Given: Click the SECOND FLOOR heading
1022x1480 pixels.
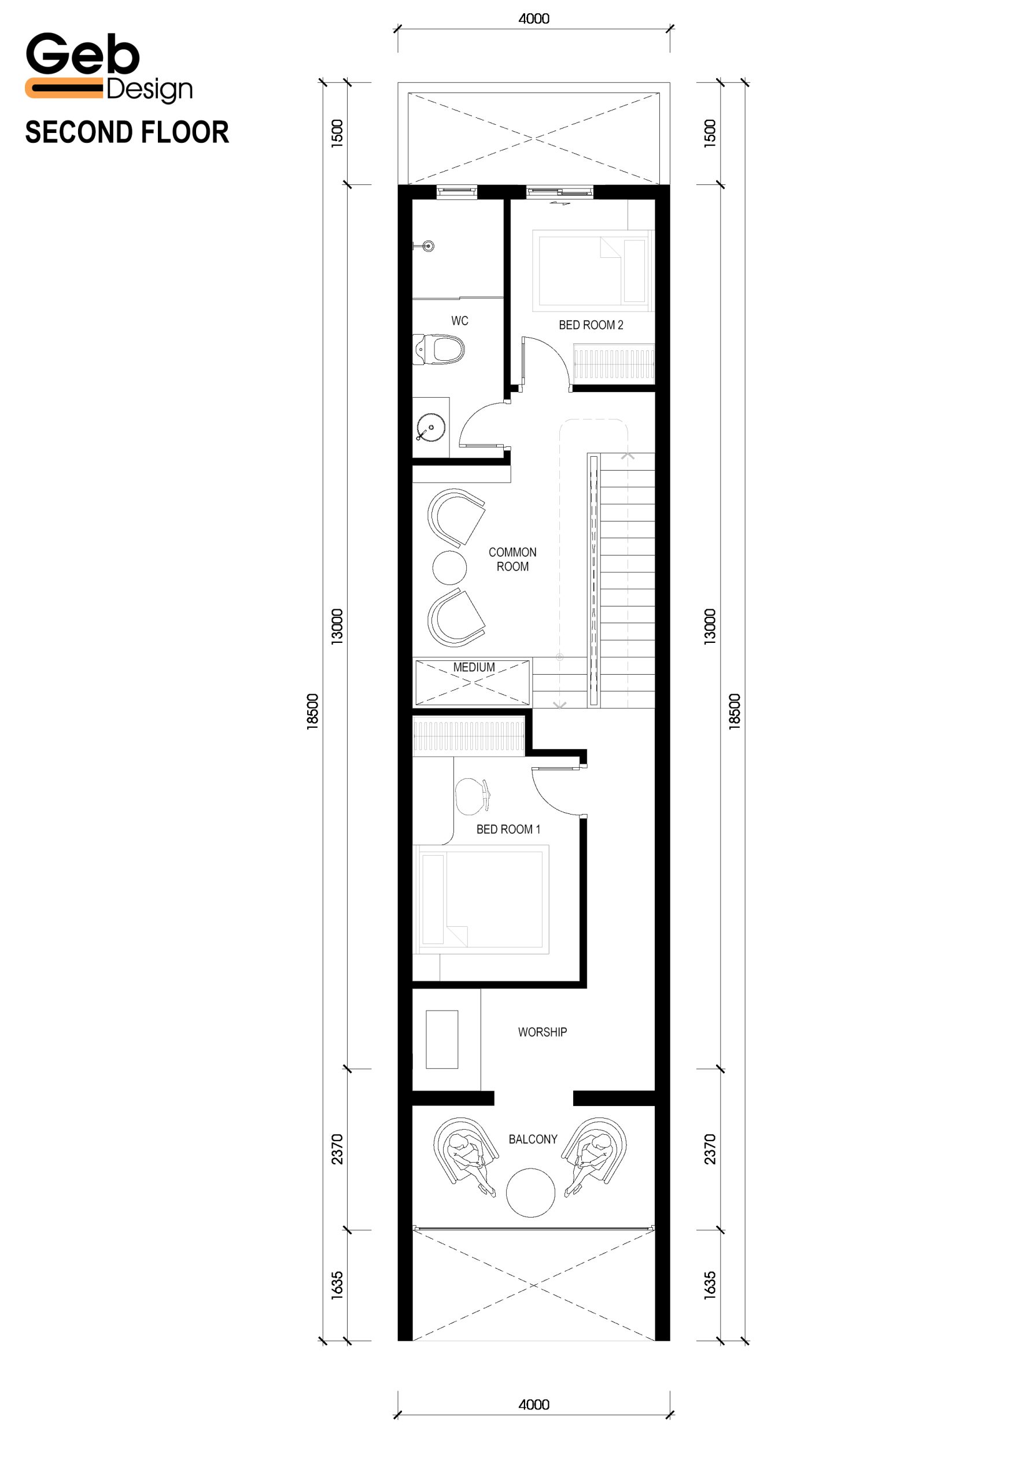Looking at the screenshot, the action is point(127,132).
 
